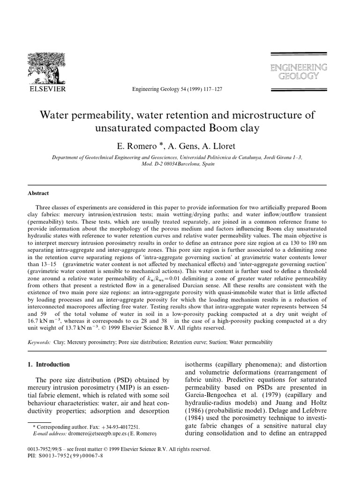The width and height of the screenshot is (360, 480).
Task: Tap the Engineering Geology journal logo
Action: [x=299, y=72]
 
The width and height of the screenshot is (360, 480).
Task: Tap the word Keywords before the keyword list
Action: [x=39, y=343]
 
